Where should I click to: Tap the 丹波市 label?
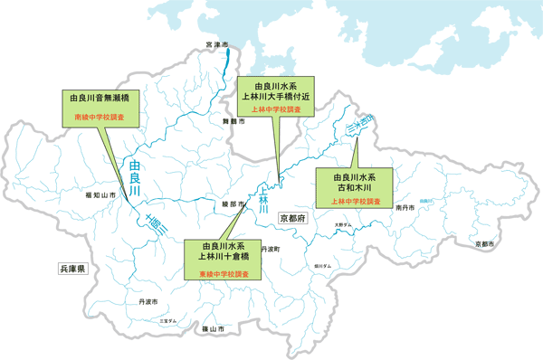pos(148,301)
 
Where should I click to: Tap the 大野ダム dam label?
pos(341,224)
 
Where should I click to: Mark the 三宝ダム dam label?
pos(168,320)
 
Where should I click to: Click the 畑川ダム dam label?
pos(322,266)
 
